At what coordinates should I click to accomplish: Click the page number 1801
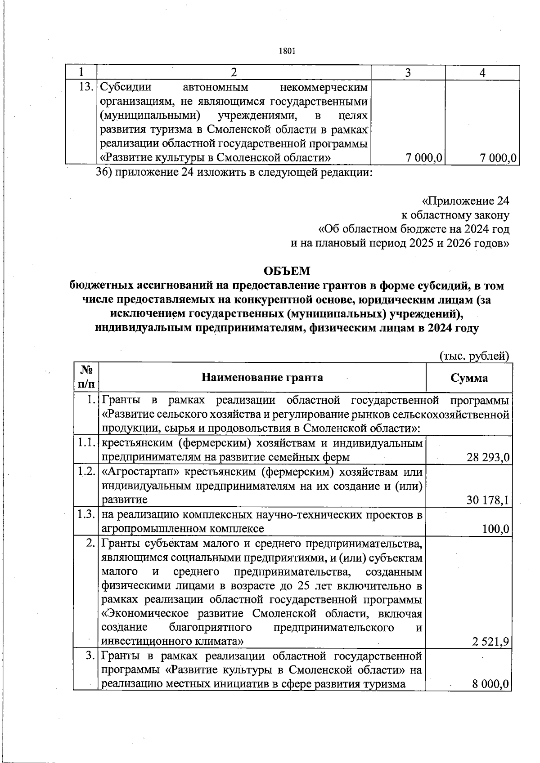tap(287, 51)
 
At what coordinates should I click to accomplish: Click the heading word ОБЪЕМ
tap(287, 271)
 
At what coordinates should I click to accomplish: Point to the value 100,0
tap(495, 529)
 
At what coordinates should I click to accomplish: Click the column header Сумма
tap(469, 378)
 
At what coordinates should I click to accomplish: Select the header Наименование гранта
tap(262, 377)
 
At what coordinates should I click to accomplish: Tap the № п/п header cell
tap(86, 377)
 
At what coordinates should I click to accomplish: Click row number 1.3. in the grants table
tap(85, 514)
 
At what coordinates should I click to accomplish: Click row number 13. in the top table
tap(86, 86)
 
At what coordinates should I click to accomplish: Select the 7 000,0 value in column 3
tap(423, 158)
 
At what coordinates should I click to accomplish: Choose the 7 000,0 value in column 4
tap(498, 158)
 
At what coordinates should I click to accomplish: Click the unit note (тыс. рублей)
tap(474, 356)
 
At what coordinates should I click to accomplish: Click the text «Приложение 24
tap(466, 201)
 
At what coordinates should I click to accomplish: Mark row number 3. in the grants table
tap(90, 656)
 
